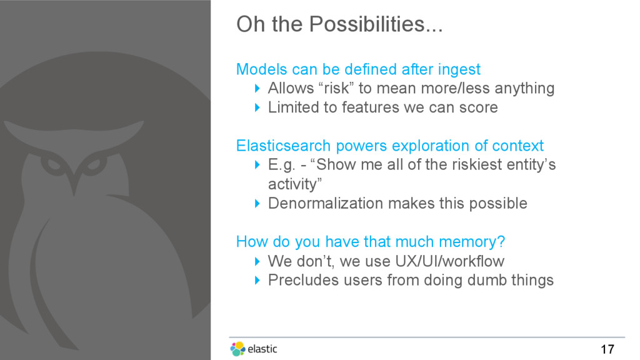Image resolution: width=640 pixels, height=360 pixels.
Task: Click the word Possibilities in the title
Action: pos(376,24)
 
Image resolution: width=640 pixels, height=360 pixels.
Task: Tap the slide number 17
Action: pos(607,349)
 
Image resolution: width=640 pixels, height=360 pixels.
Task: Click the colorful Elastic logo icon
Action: pos(237,349)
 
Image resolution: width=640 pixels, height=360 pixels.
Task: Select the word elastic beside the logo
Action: pos(262,349)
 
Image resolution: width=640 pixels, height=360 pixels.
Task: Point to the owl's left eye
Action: pos(52,165)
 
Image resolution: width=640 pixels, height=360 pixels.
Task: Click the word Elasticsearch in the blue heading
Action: pos(283,146)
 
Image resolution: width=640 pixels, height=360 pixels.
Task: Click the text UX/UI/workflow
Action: pos(450,261)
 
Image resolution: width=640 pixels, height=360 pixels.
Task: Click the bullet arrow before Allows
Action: pos(257,88)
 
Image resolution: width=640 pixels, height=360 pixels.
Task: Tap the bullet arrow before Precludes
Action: pos(257,280)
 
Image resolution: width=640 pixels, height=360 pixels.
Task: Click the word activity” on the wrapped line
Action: pos(295,184)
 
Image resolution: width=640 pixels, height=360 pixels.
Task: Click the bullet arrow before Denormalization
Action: pos(257,203)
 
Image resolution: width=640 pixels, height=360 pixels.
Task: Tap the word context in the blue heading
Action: pos(518,146)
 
